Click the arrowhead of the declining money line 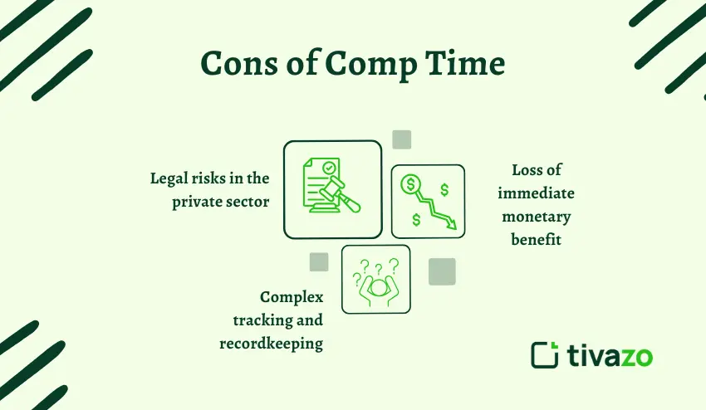[x=450, y=222]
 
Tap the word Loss [x=526, y=171]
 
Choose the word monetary [x=536, y=217]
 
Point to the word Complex [x=292, y=297]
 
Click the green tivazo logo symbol [x=545, y=354]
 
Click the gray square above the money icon [x=402, y=139]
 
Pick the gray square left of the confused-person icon [x=319, y=262]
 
